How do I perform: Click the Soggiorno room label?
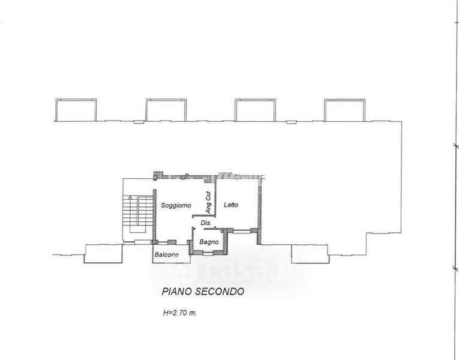point(176,205)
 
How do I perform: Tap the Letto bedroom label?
point(231,205)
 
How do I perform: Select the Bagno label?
point(209,242)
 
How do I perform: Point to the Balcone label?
point(166,254)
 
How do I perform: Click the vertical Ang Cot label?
point(208,202)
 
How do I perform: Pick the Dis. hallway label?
point(206,223)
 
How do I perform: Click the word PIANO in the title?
point(177,292)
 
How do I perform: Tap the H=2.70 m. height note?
point(180,313)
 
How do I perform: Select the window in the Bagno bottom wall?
point(208,252)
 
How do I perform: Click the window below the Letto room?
point(242,231)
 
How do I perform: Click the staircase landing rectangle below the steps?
point(137,229)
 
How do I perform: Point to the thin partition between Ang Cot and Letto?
point(216,197)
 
